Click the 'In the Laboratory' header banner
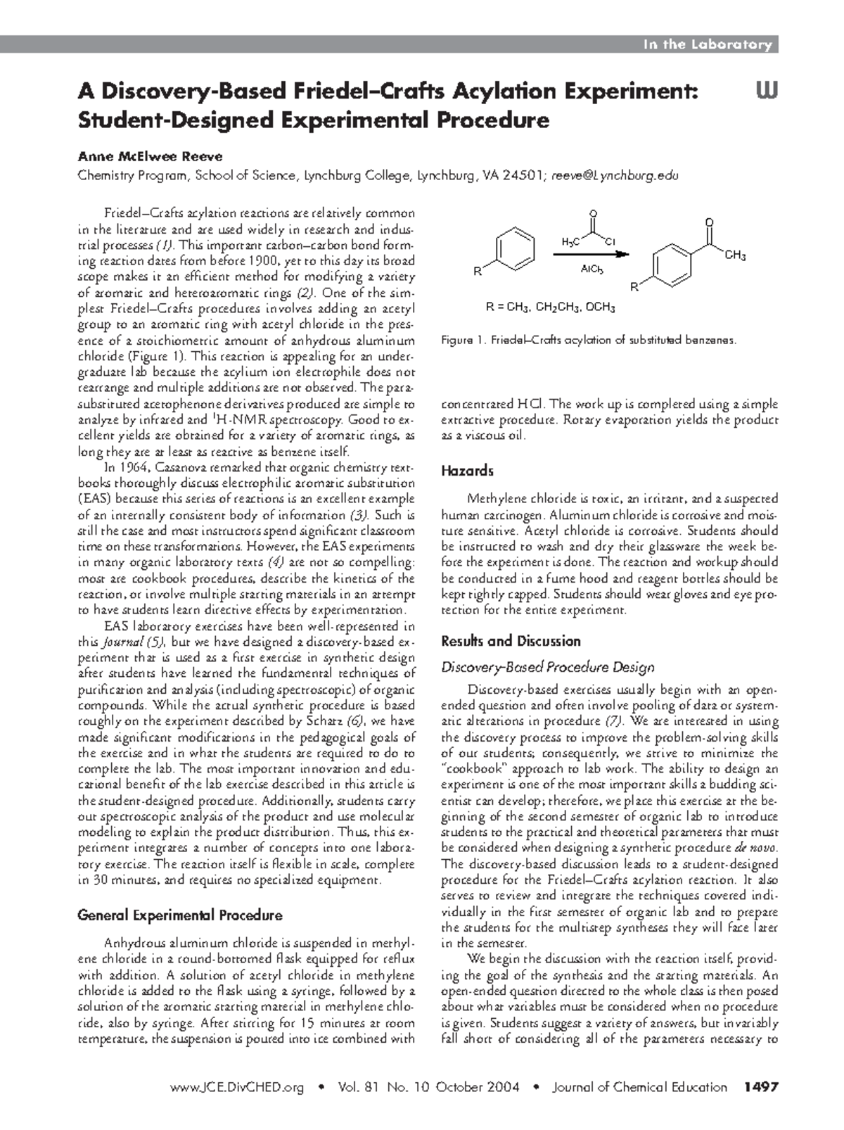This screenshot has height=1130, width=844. (707, 44)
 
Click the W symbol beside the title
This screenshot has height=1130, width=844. (766, 92)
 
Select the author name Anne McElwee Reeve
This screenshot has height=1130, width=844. (141, 156)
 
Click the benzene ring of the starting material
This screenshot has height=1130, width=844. (516, 246)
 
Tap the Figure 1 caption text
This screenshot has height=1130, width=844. (588, 341)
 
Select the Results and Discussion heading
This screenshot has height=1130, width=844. (511, 641)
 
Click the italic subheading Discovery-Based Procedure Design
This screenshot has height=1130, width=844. (547, 667)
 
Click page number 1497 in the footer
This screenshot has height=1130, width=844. (760, 1087)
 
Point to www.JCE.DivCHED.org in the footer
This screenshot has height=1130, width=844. (237, 1087)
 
